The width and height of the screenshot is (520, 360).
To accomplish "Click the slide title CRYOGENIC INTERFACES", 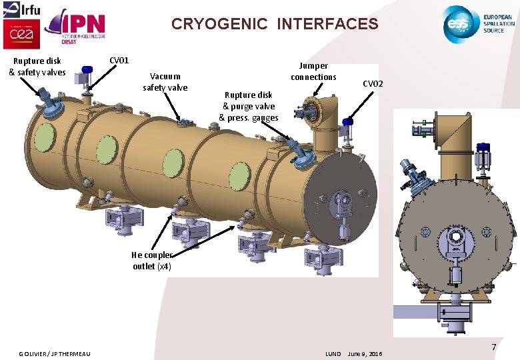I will pos(274,24).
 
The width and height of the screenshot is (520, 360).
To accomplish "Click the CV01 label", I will pos(119,61).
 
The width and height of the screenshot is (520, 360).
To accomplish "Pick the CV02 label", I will pos(373,84).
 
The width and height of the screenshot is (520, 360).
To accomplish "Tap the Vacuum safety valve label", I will pos(165,82).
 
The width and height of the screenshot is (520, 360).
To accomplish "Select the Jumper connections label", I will pos(313,71).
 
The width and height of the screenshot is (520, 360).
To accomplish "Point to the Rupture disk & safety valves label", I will pos(37,67).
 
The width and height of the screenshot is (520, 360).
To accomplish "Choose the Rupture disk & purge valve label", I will pos(248,106).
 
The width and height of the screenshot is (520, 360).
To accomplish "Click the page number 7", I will pos(494,347).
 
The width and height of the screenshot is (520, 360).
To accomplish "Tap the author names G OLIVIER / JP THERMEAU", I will pos(55,353).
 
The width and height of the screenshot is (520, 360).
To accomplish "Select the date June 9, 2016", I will pos(365,353).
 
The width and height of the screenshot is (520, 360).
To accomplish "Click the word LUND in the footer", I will pos(333,353).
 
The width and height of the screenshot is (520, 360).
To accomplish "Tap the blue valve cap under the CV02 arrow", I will pos(347,121).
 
